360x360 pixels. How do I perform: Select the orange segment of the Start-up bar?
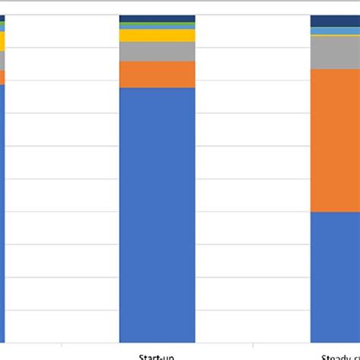coord(157,74)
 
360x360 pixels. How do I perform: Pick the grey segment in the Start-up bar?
coord(157,52)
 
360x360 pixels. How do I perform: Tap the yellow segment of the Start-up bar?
coord(157,36)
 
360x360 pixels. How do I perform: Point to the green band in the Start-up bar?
coord(157,27)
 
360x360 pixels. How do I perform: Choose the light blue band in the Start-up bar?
coord(157,24)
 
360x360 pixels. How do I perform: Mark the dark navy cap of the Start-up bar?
coord(157,18)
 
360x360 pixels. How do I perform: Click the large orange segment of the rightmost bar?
coord(335,141)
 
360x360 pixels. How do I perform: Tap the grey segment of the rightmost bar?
coord(335,52)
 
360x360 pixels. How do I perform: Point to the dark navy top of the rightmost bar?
coord(335,21)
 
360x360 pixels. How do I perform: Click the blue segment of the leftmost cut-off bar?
coord(2,213)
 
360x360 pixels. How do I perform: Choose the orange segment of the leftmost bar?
coord(2,77)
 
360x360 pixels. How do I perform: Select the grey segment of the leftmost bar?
coord(2,61)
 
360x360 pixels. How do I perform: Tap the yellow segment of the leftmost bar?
coord(2,41)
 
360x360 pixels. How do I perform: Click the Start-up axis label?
coord(157,355)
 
